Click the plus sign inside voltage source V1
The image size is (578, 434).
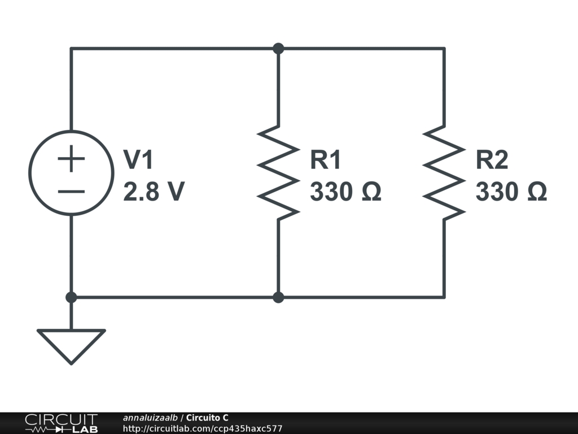click(71, 159)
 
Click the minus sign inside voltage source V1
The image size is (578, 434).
click(71, 192)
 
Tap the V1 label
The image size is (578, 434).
click(138, 159)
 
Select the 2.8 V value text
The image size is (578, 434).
click(154, 192)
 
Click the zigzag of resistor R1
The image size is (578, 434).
click(278, 173)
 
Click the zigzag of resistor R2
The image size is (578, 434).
click(444, 173)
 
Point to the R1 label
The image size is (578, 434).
click(326, 159)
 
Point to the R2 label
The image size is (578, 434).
click(492, 159)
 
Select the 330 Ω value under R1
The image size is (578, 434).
click(345, 192)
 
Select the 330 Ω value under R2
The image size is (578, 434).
click(511, 192)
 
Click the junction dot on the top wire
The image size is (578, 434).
click(278, 49)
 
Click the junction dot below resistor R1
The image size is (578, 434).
click(278, 297)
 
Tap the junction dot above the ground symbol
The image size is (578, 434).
click(71, 297)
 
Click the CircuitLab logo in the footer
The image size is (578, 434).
click(61, 423)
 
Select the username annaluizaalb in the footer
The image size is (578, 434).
click(150, 418)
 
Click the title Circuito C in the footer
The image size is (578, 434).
click(207, 418)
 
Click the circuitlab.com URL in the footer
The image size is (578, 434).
click(203, 428)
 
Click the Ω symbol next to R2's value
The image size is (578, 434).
click(537, 192)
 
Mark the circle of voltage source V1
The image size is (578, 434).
click(29, 173)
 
